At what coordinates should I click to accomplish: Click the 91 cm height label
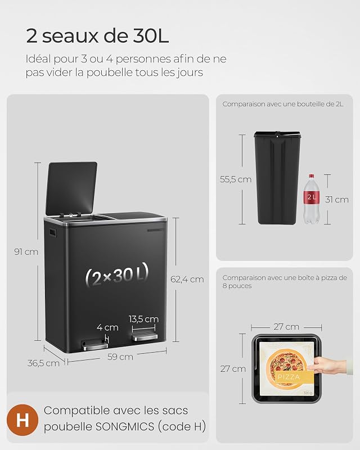(x=26, y=252)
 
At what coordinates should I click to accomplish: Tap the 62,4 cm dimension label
(x=187, y=279)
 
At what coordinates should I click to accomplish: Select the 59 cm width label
(x=120, y=357)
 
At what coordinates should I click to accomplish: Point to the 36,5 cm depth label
(x=43, y=363)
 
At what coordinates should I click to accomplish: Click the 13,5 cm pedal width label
(x=143, y=319)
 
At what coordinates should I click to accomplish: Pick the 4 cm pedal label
(x=107, y=327)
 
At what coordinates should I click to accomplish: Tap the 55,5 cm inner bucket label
(x=236, y=179)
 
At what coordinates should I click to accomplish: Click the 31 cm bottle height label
(x=337, y=200)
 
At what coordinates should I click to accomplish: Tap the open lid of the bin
(x=71, y=188)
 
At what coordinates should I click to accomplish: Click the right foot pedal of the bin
(x=145, y=337)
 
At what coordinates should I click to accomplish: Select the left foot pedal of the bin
(x=92, y=344)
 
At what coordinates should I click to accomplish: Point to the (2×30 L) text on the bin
(x=117, y=274)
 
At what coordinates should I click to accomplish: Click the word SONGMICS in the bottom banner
(x=125, y=426)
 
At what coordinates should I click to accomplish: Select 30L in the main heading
(x=151, y=37)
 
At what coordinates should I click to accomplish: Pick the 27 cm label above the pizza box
(x=286, y=327)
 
